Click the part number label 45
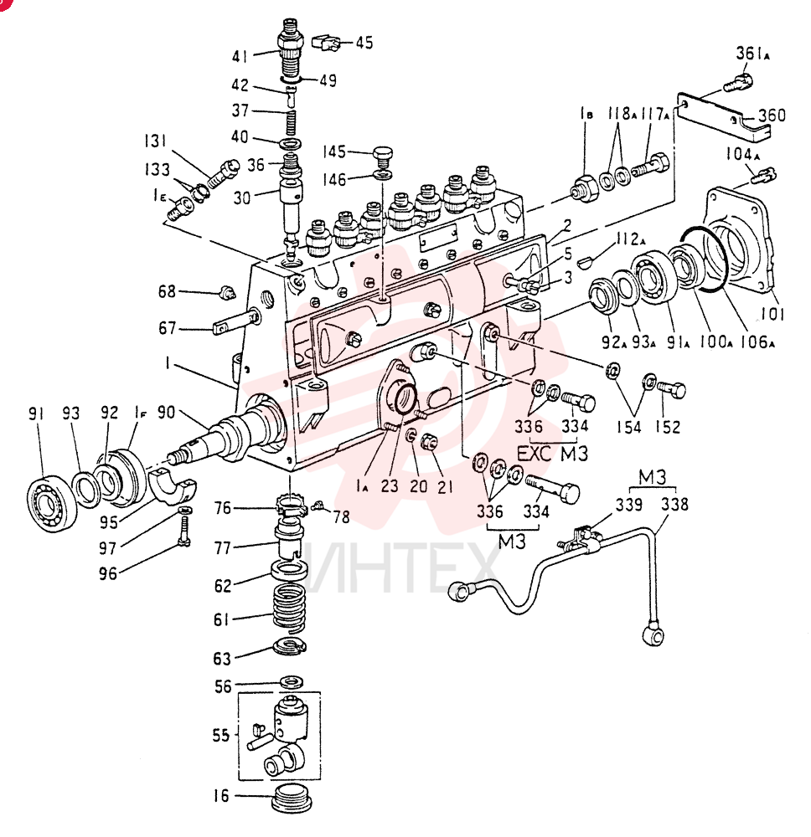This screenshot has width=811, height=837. point(364,42)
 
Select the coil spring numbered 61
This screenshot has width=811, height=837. point(290,606)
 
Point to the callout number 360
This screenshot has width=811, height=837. point(772,115)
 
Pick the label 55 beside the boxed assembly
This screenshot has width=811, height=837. point(220,736)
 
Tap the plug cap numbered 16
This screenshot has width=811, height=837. point(292,798)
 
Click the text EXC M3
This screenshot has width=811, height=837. point(552,454)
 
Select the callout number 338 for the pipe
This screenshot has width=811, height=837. point(674,504)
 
